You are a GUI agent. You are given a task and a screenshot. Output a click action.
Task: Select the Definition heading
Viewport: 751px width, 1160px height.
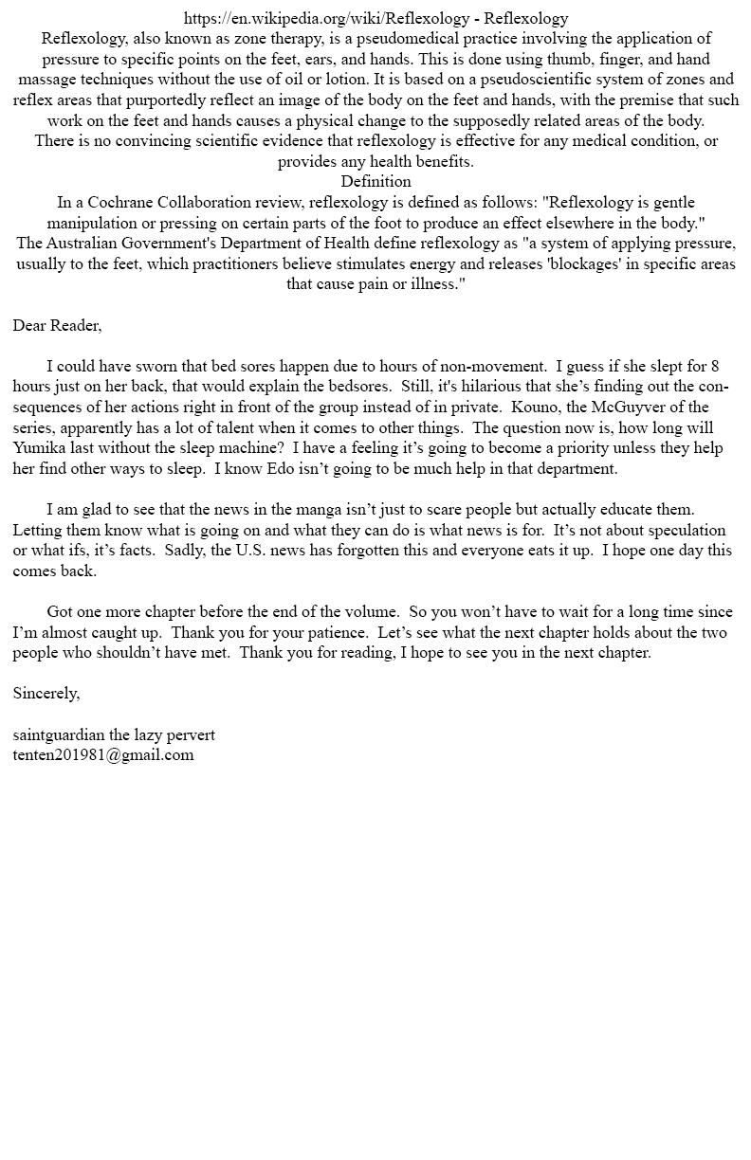375,181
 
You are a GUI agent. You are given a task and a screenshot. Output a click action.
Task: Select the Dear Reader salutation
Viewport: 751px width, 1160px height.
57,325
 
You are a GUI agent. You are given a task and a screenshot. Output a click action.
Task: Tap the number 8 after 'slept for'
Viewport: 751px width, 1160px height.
714,366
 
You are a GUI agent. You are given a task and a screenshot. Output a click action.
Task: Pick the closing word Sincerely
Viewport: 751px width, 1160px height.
46,693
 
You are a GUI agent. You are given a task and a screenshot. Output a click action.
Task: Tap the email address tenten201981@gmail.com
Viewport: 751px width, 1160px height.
103,754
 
